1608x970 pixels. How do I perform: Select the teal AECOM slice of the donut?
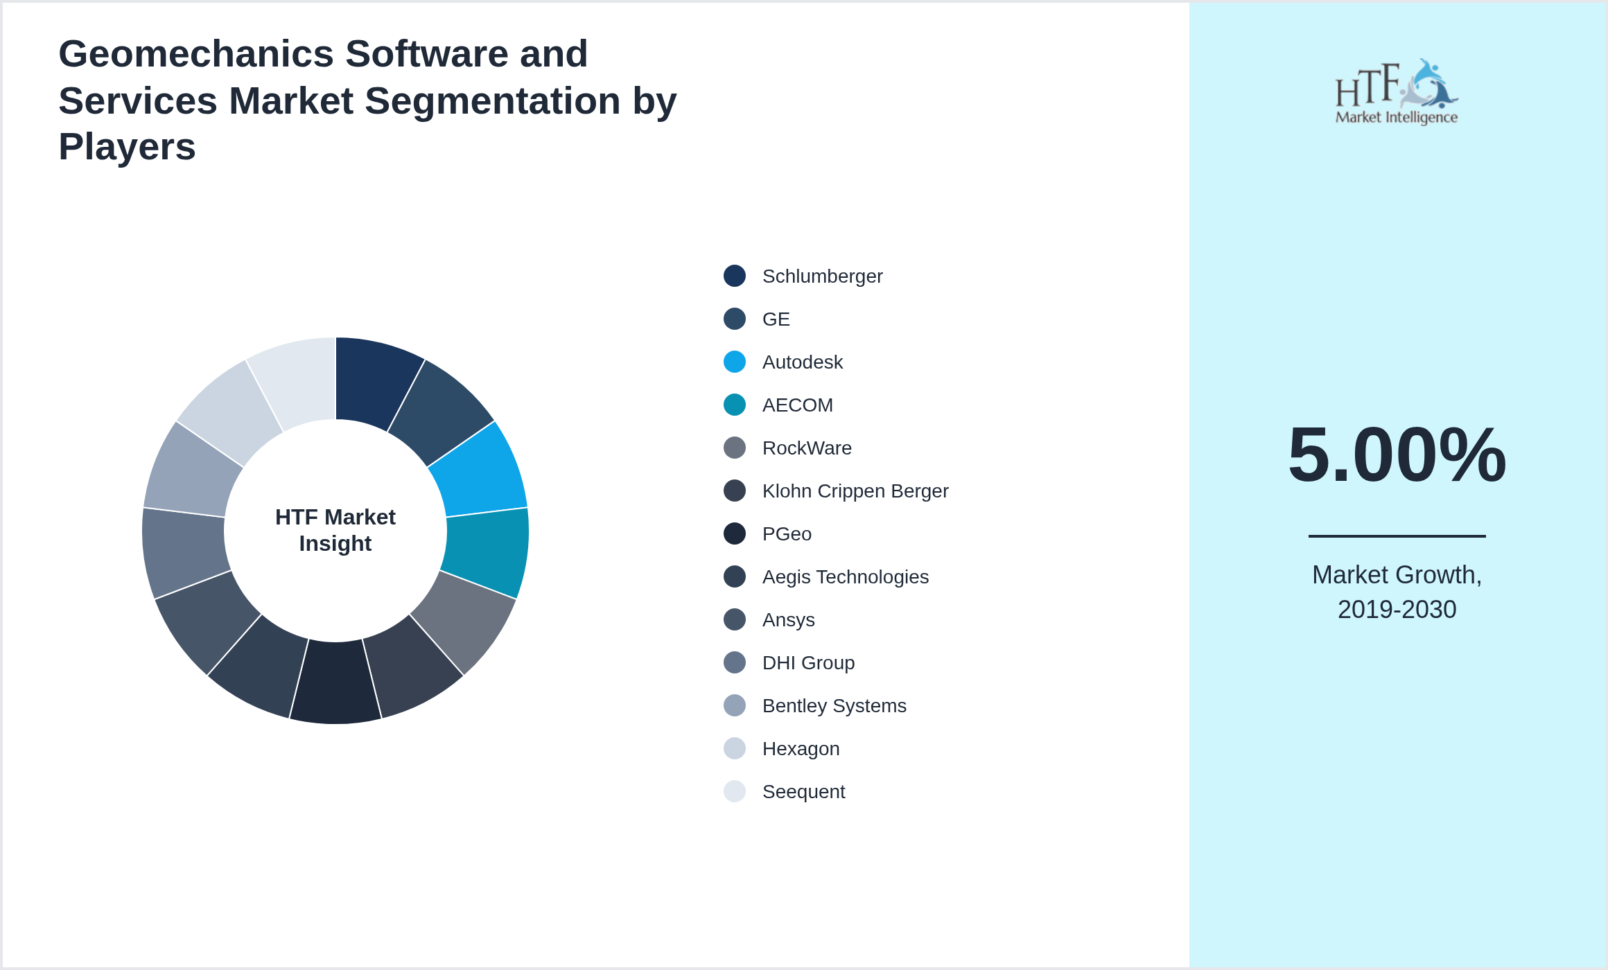[x=487, y=550]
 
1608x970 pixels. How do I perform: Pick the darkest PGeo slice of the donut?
[x=335, y=682]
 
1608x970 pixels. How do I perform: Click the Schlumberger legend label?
[x=822, y=276]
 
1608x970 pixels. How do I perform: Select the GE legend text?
[x=776, y=319]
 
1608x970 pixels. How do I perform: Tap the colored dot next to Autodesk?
[x=735, y=362]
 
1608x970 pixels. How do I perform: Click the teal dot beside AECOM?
[x=735, y=405]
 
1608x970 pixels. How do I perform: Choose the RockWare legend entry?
[x=807, y=448]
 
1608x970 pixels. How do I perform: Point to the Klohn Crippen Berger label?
[x=855, y=491]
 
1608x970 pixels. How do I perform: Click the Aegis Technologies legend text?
[x=845, y=577]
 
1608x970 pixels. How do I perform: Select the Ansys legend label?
[x=788, y=620]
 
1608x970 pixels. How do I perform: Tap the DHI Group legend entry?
[x=808, y=663]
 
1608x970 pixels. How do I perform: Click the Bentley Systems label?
[x=834, y=706]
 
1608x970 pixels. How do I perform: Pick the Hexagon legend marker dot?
[x=735, y=749]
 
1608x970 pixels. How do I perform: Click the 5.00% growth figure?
[x=1397, y=455]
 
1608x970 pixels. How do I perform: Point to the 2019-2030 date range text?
[x=1397, y=610]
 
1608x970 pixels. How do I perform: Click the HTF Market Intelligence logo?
[x=1396, y=92]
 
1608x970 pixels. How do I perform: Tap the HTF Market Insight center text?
[x=335, y=530]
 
